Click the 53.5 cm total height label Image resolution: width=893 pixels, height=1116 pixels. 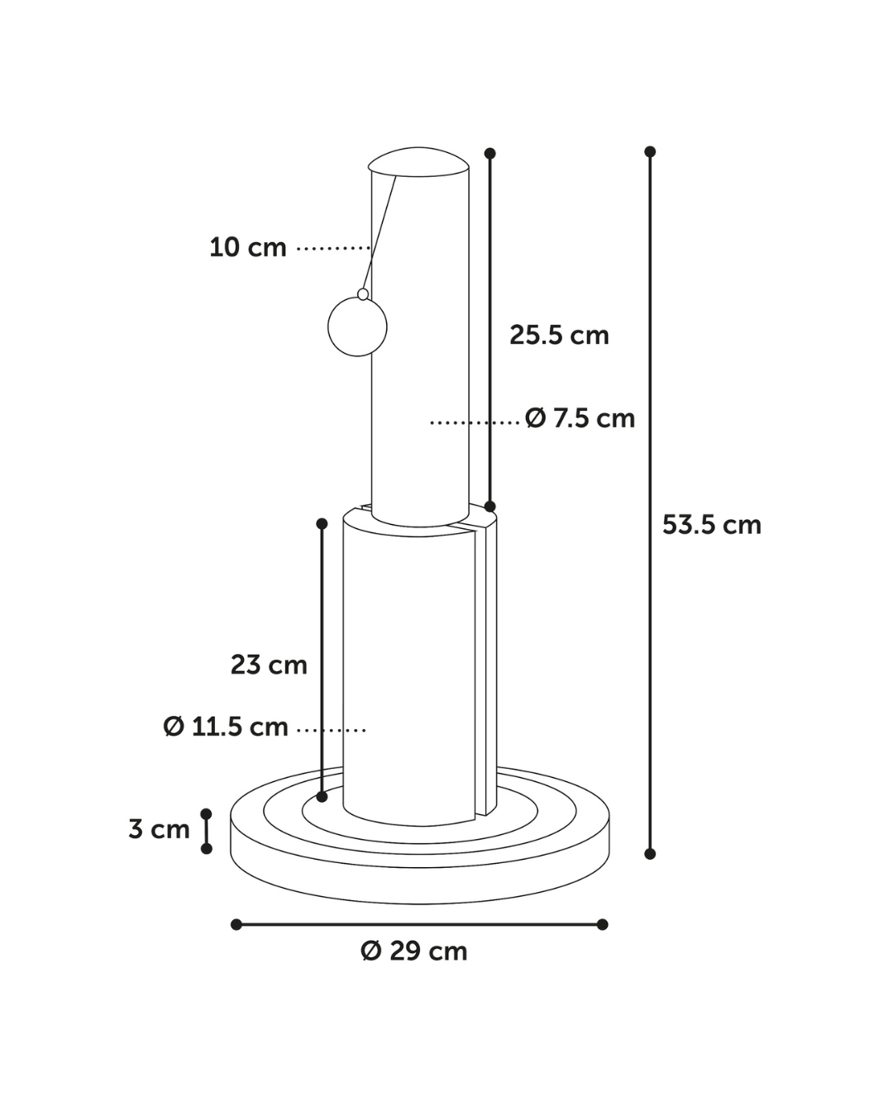[711, 525]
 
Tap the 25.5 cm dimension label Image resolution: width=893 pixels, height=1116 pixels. [559, 336]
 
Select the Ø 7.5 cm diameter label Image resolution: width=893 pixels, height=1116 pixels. [580, 418]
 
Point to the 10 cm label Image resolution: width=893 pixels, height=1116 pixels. [247, 247]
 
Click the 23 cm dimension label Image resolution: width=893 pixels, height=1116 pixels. [269, 665]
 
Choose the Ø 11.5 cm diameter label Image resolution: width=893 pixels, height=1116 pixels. [226, 727]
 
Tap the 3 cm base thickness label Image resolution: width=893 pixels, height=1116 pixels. [159, 829]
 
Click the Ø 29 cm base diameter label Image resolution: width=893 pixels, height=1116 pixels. [414, 951]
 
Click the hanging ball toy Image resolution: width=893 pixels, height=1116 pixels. [357, 327]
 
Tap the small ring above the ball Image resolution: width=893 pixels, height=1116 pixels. [363, 294]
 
